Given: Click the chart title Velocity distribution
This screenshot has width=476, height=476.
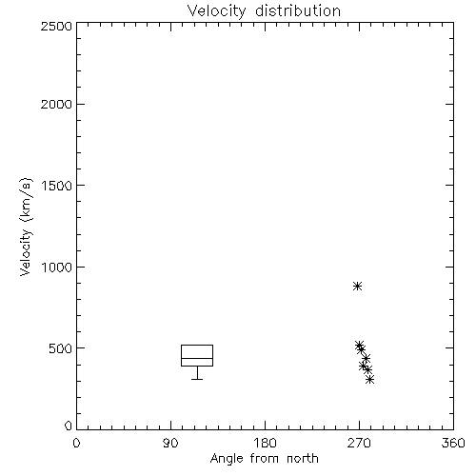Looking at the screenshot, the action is [x=264, y=11].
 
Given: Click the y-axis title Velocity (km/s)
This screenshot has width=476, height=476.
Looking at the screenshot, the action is [x=26, y=227].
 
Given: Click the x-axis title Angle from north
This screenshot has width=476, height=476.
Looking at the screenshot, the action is [x=264, y=459].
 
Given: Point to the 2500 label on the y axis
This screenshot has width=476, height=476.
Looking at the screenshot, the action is [x=56, y=26].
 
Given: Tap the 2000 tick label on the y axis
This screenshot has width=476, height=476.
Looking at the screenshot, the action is [x=56, y=104].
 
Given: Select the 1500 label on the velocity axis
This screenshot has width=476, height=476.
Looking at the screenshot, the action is [x=57, y=186].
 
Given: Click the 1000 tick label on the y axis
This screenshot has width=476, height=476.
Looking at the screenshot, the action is [x=57, y=268].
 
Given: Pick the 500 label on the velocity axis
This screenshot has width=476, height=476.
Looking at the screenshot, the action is [x=61, y=348].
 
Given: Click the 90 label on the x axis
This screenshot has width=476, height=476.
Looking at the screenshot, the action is [x=170, y=443].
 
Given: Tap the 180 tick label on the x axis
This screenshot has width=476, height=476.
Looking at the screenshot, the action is [x=265, y=443].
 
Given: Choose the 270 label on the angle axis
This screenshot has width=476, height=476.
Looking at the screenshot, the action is [x=359, y=443].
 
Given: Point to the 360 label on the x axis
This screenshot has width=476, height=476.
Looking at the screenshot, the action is [x=453, y=443].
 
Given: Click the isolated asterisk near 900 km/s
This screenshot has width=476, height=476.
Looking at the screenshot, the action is [x=358, y=286].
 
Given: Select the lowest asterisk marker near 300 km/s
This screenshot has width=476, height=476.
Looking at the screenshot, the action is [x=369, y=379].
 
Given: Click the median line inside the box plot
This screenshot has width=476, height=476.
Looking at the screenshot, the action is [x=197, y=358].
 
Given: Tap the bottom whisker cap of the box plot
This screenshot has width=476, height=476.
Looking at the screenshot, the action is [x=197, y=379].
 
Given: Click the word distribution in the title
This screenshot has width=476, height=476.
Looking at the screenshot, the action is [x=298, y=11].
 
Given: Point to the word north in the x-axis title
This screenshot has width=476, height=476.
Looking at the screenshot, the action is [x=303, y=459].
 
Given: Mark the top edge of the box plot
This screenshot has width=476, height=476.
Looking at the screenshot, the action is [x=197, y=345].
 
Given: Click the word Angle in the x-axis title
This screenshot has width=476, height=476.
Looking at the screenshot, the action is [x=227, y=459].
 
